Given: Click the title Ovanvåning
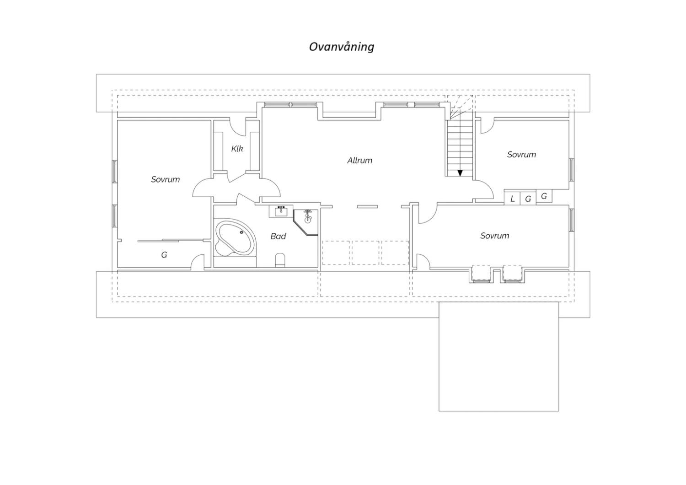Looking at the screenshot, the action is coord(342,47).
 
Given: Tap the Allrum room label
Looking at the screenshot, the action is coord(359,160).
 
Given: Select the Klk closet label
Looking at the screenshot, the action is coord(237,149).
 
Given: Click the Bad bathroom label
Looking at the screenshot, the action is coord(278,236).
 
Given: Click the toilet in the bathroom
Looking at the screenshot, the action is coord(280,260).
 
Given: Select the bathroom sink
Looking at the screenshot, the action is coord(281,211).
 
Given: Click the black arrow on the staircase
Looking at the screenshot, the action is coord(460,173).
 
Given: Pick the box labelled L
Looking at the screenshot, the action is coord(512,198).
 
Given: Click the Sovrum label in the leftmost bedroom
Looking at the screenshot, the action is coord(166,179).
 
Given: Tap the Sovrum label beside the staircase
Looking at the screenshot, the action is coord(521,154).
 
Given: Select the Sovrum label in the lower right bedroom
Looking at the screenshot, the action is coord(494,236).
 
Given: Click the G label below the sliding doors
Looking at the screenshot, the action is coord(164,254).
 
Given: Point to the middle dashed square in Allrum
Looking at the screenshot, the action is coord(365,253).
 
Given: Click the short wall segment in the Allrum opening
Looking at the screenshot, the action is coord(368,206).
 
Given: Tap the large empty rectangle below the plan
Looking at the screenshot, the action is coord(498,356).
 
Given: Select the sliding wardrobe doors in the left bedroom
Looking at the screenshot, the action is coord(170,241).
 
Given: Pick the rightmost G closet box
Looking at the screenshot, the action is coord(544,196).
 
